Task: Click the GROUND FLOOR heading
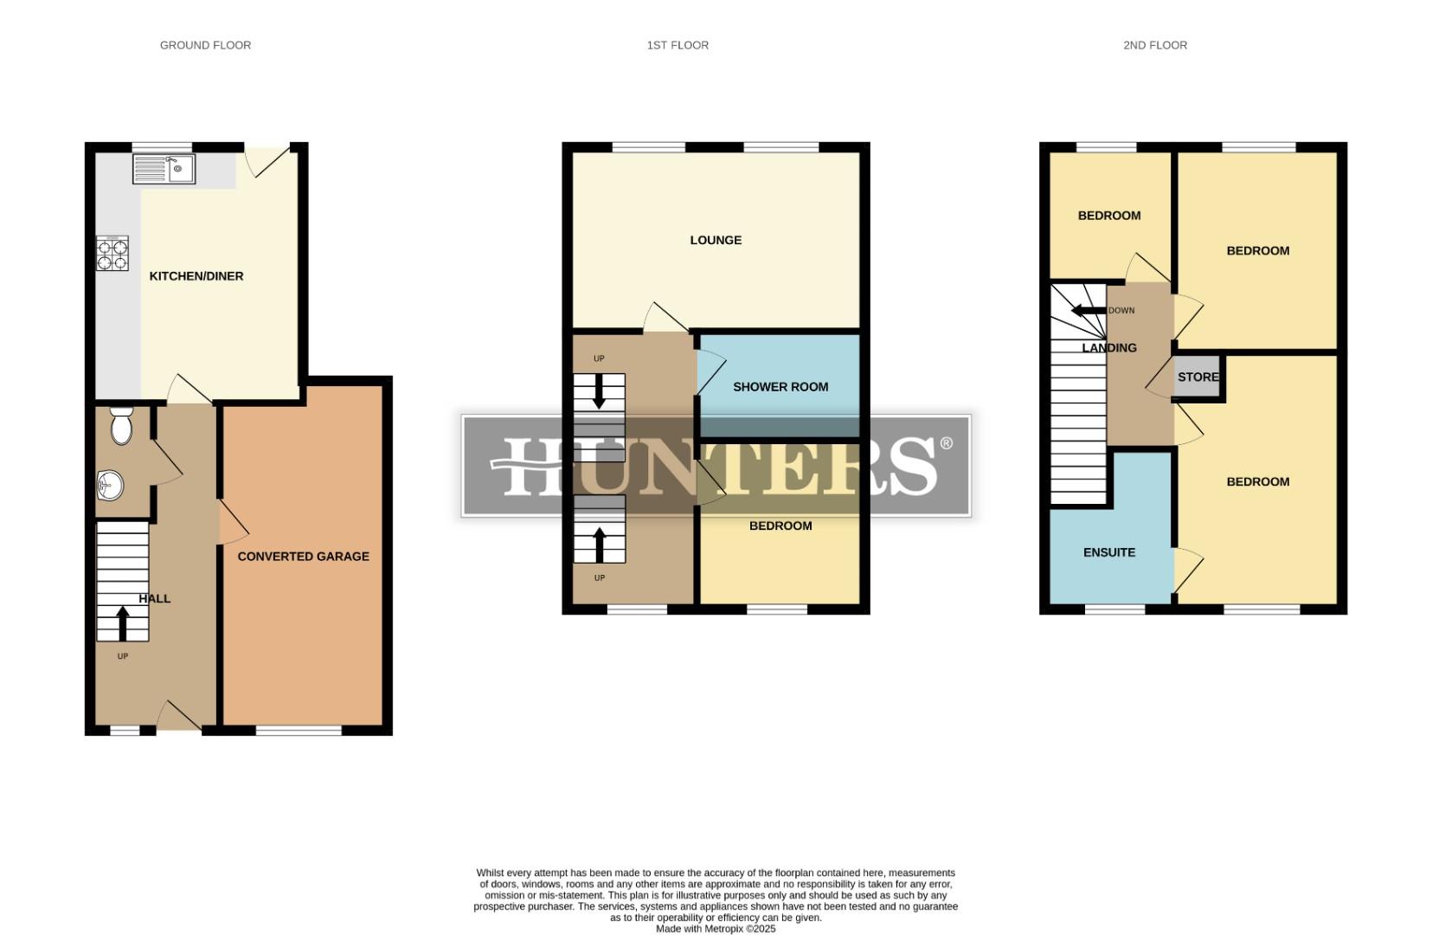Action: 205,45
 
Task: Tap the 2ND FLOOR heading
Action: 1154,45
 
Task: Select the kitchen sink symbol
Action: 164,169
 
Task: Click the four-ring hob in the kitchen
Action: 112,254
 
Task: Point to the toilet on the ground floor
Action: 121,425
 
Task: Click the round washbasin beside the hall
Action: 110,484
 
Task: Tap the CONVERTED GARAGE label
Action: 303,557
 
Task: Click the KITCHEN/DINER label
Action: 196,276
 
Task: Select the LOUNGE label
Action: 716,240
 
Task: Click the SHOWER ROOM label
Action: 780,387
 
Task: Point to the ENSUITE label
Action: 1109,552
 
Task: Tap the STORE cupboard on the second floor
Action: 1198,377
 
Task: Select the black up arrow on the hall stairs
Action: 122,622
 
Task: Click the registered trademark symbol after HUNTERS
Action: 946,443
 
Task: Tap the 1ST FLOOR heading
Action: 677,45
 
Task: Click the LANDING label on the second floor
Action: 1109,348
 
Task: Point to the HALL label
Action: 155,598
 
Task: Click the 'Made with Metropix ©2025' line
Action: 716,929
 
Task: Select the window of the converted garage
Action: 299,731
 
